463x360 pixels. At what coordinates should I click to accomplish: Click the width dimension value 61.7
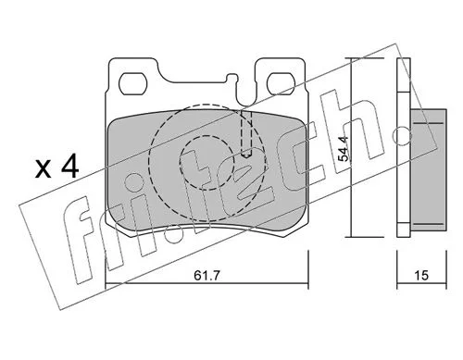click(x=206, y=275)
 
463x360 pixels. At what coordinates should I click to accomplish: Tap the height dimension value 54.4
click(x=343, y=149)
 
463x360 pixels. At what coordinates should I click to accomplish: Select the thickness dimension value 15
click(x=421, y=275)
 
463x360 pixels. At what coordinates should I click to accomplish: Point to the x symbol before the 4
click(x=44, y=169)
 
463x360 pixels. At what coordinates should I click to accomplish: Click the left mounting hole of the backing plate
click(x=132, y=84)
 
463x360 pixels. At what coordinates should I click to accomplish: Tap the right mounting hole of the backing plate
click(x=281, y=84)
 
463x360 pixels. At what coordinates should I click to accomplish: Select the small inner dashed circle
click(x=206, y=163)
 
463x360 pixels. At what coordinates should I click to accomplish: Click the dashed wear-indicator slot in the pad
click(x=246, y=133)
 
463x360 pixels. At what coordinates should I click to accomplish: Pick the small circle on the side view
click(x=403, y=135)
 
